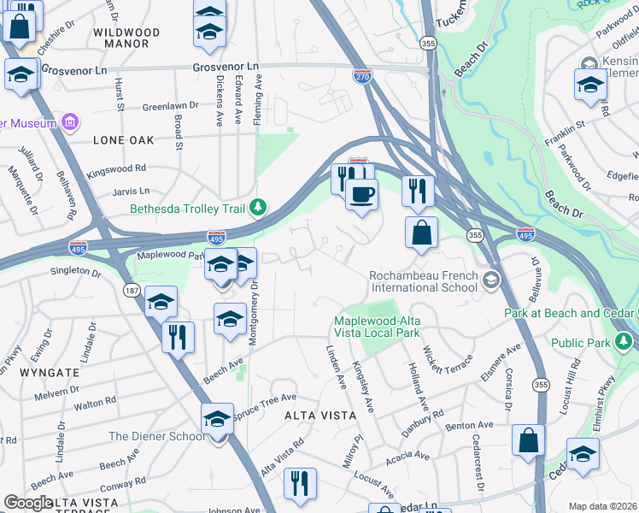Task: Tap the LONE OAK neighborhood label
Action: coord(124,139)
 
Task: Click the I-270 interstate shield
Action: coord(362,77)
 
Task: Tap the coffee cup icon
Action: coord(362,194)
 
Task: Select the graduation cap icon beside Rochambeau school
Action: coord(490,280)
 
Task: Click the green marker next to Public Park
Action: coord(625,343)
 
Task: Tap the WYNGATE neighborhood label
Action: coord(52,373)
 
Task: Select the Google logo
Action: coord(29,503)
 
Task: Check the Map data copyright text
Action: coord(603,505)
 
